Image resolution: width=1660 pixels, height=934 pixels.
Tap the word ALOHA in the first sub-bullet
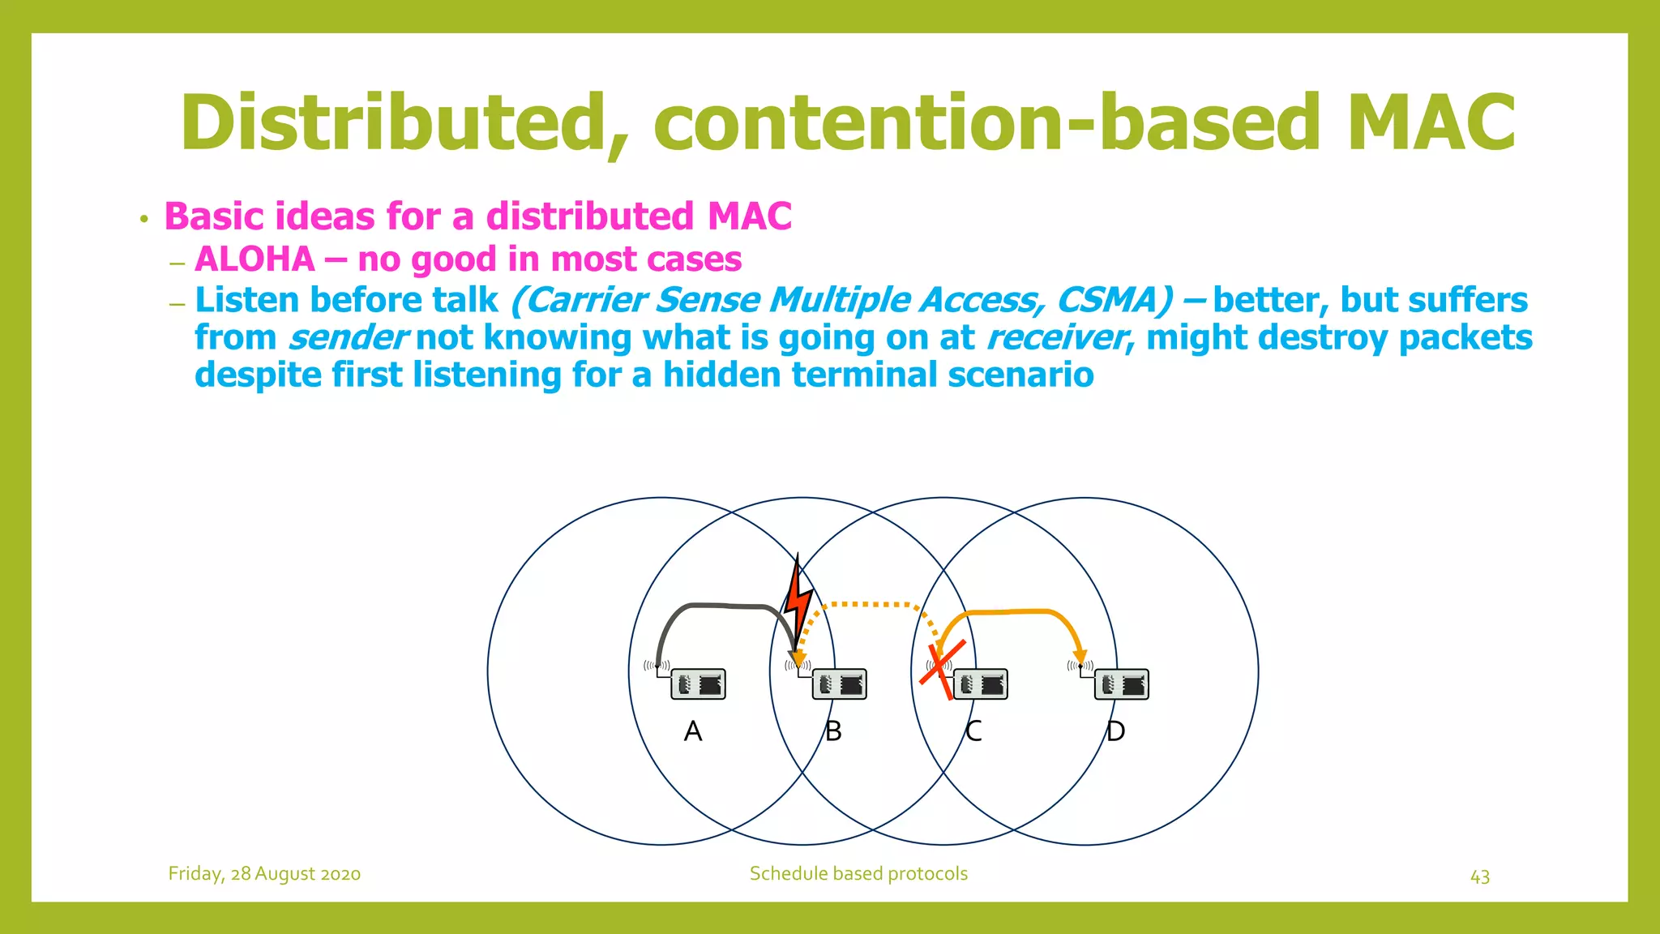pos(255,259)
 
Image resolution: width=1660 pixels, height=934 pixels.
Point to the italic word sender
pos(348,338)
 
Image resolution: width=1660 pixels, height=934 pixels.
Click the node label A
pos(692,731)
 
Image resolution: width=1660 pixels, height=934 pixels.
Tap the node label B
pos(833,731)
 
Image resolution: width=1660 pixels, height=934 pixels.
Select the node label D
pos(1115,731)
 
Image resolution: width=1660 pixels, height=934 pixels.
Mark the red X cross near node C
pos(943,669)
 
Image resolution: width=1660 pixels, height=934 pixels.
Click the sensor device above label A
pos(698,684)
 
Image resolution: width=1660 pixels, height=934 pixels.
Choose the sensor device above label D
pos(1122,684)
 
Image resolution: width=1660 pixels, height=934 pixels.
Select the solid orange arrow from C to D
pos(1013,612)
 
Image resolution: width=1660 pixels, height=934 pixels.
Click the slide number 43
pos(1479,877)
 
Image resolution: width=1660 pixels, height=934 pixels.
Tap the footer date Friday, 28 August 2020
pos(264,874)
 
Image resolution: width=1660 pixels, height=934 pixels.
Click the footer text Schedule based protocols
pos(858,874)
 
